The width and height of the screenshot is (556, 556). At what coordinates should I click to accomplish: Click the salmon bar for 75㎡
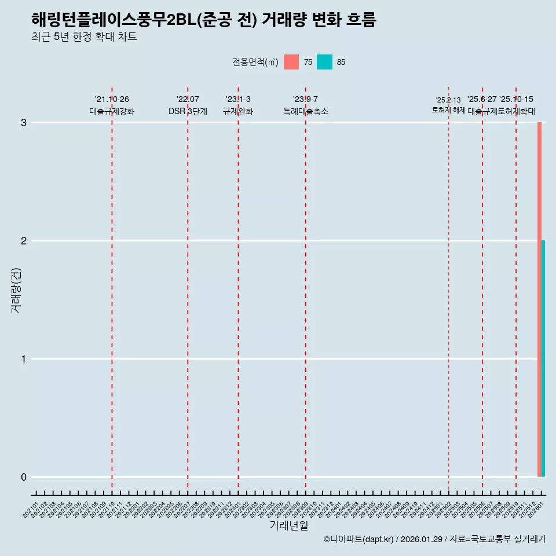[539, 299]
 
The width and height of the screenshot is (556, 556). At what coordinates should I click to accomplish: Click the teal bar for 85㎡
[543, 359]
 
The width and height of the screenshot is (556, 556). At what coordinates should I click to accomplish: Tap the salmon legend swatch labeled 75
[291, 62]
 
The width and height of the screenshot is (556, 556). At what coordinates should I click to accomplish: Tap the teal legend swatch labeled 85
[325, 62]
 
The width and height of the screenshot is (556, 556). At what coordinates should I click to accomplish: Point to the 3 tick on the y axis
[24, 123]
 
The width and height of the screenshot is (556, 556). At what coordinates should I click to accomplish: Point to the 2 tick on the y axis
[24, 241]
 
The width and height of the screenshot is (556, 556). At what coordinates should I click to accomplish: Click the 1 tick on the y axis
[24, 359]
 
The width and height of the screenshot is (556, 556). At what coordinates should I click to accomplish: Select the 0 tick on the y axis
[24, 477]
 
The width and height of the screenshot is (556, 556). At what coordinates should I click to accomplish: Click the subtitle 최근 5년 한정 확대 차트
[85, 38]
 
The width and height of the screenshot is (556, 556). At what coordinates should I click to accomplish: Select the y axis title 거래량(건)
[16, 290]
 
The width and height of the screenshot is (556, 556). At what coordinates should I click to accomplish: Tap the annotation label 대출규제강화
[112, 111]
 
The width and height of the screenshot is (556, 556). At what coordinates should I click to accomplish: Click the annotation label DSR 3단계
[188, 111]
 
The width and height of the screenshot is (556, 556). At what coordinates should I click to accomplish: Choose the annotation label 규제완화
[238, 111]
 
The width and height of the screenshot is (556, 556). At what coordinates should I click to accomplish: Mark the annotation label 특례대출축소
[306, 111]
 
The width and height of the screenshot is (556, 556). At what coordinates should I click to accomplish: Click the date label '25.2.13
[448, 100]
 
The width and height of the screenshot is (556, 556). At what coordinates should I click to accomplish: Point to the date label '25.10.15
[516, 100]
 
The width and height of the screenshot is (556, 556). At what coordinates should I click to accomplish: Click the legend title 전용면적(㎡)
[255, 62]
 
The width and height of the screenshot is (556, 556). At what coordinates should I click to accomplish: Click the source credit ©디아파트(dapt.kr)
[359, 540]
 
